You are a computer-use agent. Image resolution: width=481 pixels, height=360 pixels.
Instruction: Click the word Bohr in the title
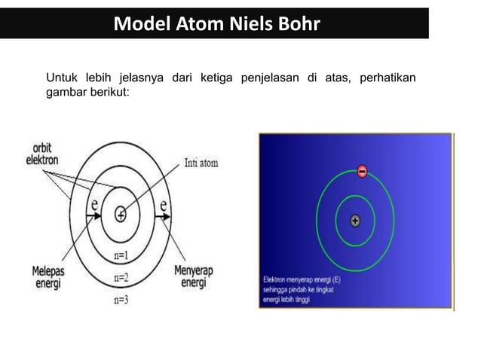coord(297,24)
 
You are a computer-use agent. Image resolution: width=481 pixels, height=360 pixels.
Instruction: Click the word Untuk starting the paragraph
coord(63,79)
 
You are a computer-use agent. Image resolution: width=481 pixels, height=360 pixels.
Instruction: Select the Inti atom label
coord(201,163)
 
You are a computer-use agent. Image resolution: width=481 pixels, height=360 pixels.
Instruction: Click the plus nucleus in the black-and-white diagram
coord(120,215)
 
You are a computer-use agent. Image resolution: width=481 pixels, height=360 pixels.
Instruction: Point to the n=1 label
coord(121,255)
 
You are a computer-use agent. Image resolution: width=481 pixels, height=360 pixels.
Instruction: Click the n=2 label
coord(121,277)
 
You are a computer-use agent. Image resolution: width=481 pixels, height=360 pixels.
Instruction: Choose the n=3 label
coord(121,299)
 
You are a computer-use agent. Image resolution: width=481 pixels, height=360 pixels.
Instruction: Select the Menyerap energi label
coord(191,276)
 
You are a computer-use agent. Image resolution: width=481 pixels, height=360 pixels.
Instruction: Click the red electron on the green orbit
coord(362,172)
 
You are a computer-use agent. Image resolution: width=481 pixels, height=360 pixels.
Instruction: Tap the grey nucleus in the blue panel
coord(355,221)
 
